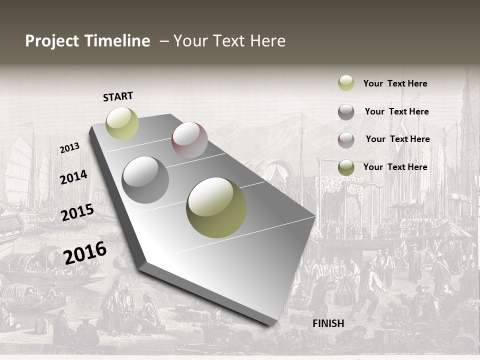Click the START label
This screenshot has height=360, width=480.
(118, 96)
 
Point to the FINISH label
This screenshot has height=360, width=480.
(328, 323)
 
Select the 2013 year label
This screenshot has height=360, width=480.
(69, 148)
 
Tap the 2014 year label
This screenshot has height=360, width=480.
(73, 177)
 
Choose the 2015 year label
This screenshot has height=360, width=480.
(77, 212)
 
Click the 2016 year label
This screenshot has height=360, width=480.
(85, 252)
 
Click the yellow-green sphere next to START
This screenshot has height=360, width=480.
(122, 123)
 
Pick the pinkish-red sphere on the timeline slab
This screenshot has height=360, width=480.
(189, 139)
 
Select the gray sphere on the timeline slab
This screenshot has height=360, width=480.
(145, 180)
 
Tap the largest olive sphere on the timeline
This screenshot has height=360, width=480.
(216, 207)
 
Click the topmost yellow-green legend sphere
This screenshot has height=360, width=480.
(346, 83)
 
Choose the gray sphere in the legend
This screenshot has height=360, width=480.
(346, 112)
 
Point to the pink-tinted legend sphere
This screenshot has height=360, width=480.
(346, 140)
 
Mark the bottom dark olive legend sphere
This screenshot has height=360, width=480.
(346, 167)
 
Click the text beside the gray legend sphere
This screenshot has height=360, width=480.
(396, 111)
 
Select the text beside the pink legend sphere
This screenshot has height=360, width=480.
(397, 139)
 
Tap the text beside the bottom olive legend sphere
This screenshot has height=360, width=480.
(395, 167)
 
